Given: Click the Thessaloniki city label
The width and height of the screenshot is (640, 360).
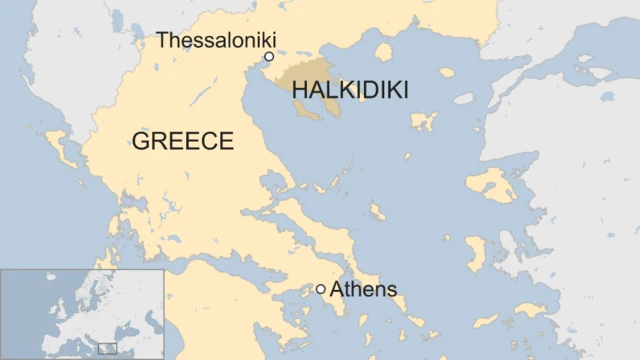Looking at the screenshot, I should click(x=215, y=40).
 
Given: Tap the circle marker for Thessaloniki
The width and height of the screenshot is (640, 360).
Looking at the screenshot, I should click(x=269, y=57).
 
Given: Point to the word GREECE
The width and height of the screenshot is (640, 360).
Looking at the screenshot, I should click(x=182, y=141).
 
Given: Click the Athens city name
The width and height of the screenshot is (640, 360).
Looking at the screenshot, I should click(x=363, y=290).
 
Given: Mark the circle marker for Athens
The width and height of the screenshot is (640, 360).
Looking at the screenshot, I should click(x=320, y=289).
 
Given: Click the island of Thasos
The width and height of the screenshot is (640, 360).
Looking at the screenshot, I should click(x=383, y=51).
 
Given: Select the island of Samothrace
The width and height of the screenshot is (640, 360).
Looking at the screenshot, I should click(x=446, y=73).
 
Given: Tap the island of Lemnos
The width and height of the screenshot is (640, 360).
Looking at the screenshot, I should click(x=424, y=121).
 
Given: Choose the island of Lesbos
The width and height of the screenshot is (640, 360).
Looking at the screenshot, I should click(x=489, y=184).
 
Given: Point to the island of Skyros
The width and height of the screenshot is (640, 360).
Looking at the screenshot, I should click(x=377, y=212).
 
